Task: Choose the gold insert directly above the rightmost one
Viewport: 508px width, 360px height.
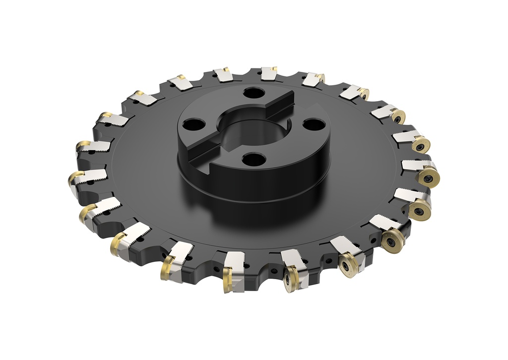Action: point(421,146)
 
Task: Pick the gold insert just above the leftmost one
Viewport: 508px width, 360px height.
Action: point(81,146)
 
